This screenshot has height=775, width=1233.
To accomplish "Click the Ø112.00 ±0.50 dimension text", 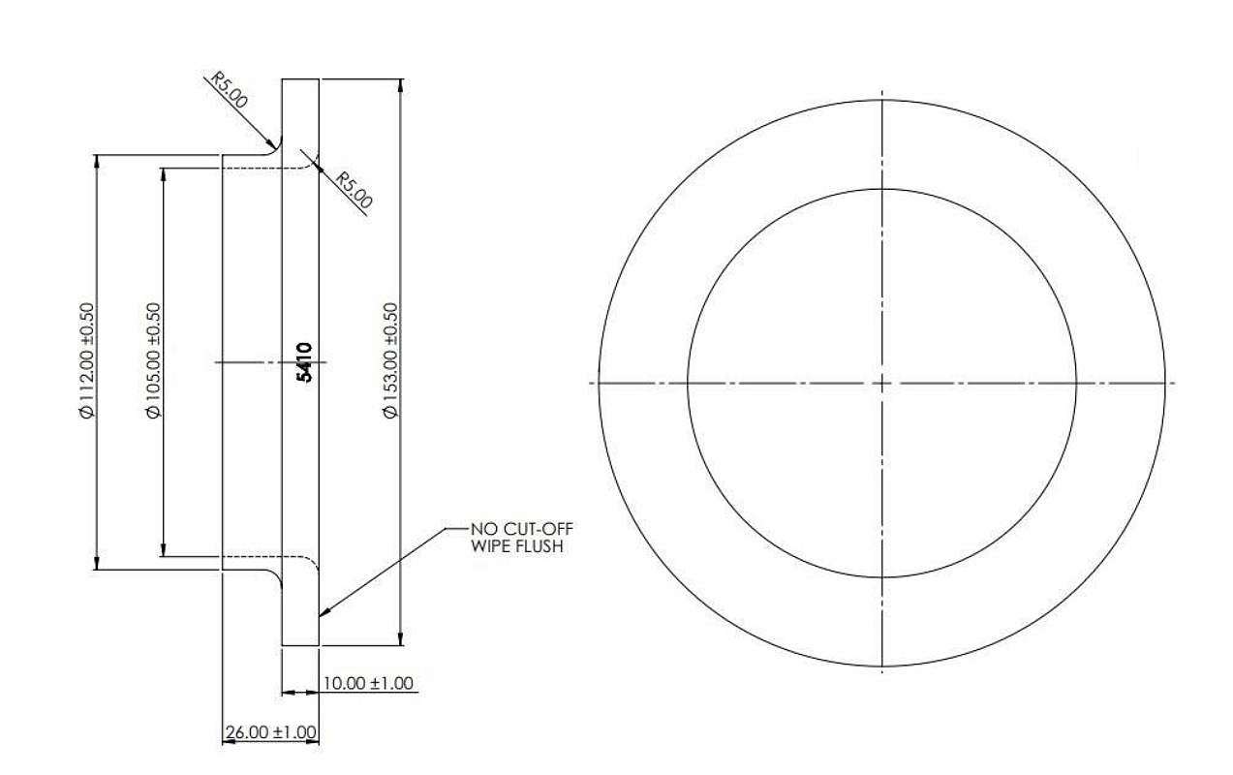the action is (88, 360).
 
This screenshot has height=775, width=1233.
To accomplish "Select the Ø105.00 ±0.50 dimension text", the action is (154, 360).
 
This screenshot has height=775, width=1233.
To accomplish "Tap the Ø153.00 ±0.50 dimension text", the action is (390, 360).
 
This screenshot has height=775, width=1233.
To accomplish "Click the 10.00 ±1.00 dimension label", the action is (368, 683).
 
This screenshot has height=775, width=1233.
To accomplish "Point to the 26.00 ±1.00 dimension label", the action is (271, 732).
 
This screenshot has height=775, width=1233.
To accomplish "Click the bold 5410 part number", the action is (304, 362).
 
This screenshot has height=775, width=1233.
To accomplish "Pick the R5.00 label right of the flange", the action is (354, 190).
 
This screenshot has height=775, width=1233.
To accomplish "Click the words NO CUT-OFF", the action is (522, 529).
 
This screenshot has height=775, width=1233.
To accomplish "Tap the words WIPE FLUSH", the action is (517, 546).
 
